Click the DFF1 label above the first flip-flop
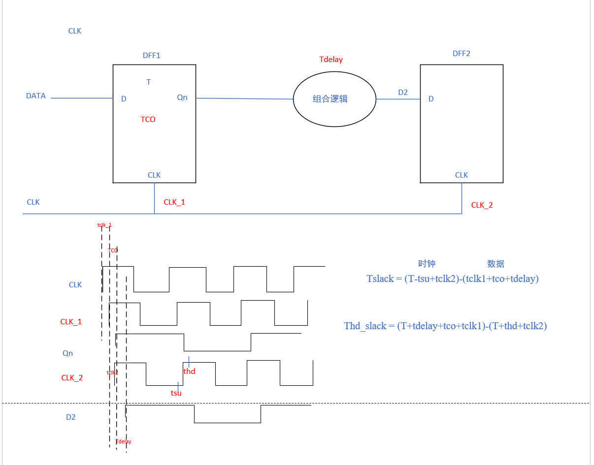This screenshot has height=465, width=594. pyautogui.click(x=151, y=56)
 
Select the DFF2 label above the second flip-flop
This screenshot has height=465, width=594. pyautogui.click(x=461, y=53)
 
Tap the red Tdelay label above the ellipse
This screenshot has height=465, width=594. pyautogui.click(x=331, y=60)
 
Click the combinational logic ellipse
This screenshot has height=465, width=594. pyautogui.click(x=334, y=98)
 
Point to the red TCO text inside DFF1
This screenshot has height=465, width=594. pyautogui.click(x=148, y=120)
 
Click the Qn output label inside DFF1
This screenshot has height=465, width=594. pyautogui.click(x=182, y=97)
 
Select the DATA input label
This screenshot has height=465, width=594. pyautogui.click(x=36, y=96)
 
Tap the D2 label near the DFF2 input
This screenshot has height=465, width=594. pyautogui.click(x=403, y=93)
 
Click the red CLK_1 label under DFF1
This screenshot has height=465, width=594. pyautogui.click(x=174, y=202)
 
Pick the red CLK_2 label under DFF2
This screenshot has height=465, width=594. pyautogui.click(x=482, y=205)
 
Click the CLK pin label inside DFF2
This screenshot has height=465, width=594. pyautogui.click(x=462, y=175)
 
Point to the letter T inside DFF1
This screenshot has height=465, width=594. pyautogui.click(x=149, y=82)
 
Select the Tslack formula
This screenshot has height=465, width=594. pyautogui.click(x=452, y=279)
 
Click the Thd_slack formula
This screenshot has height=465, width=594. pyautogui.click(x=445, y=326)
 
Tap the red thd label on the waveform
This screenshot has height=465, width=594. pyautogui.click(x=189, y=372)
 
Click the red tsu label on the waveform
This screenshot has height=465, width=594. pyautogui.click(x=176, y=393)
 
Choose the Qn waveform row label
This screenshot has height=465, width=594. pyautogui.click(x=67, y=353)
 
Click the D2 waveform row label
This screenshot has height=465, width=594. pyautogui.click(x=71, y=417)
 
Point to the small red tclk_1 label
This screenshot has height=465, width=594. pyautogui.click(x=104, y=225)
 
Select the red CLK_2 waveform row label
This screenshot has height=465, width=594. pyautogui.click(x=72, y=378)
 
